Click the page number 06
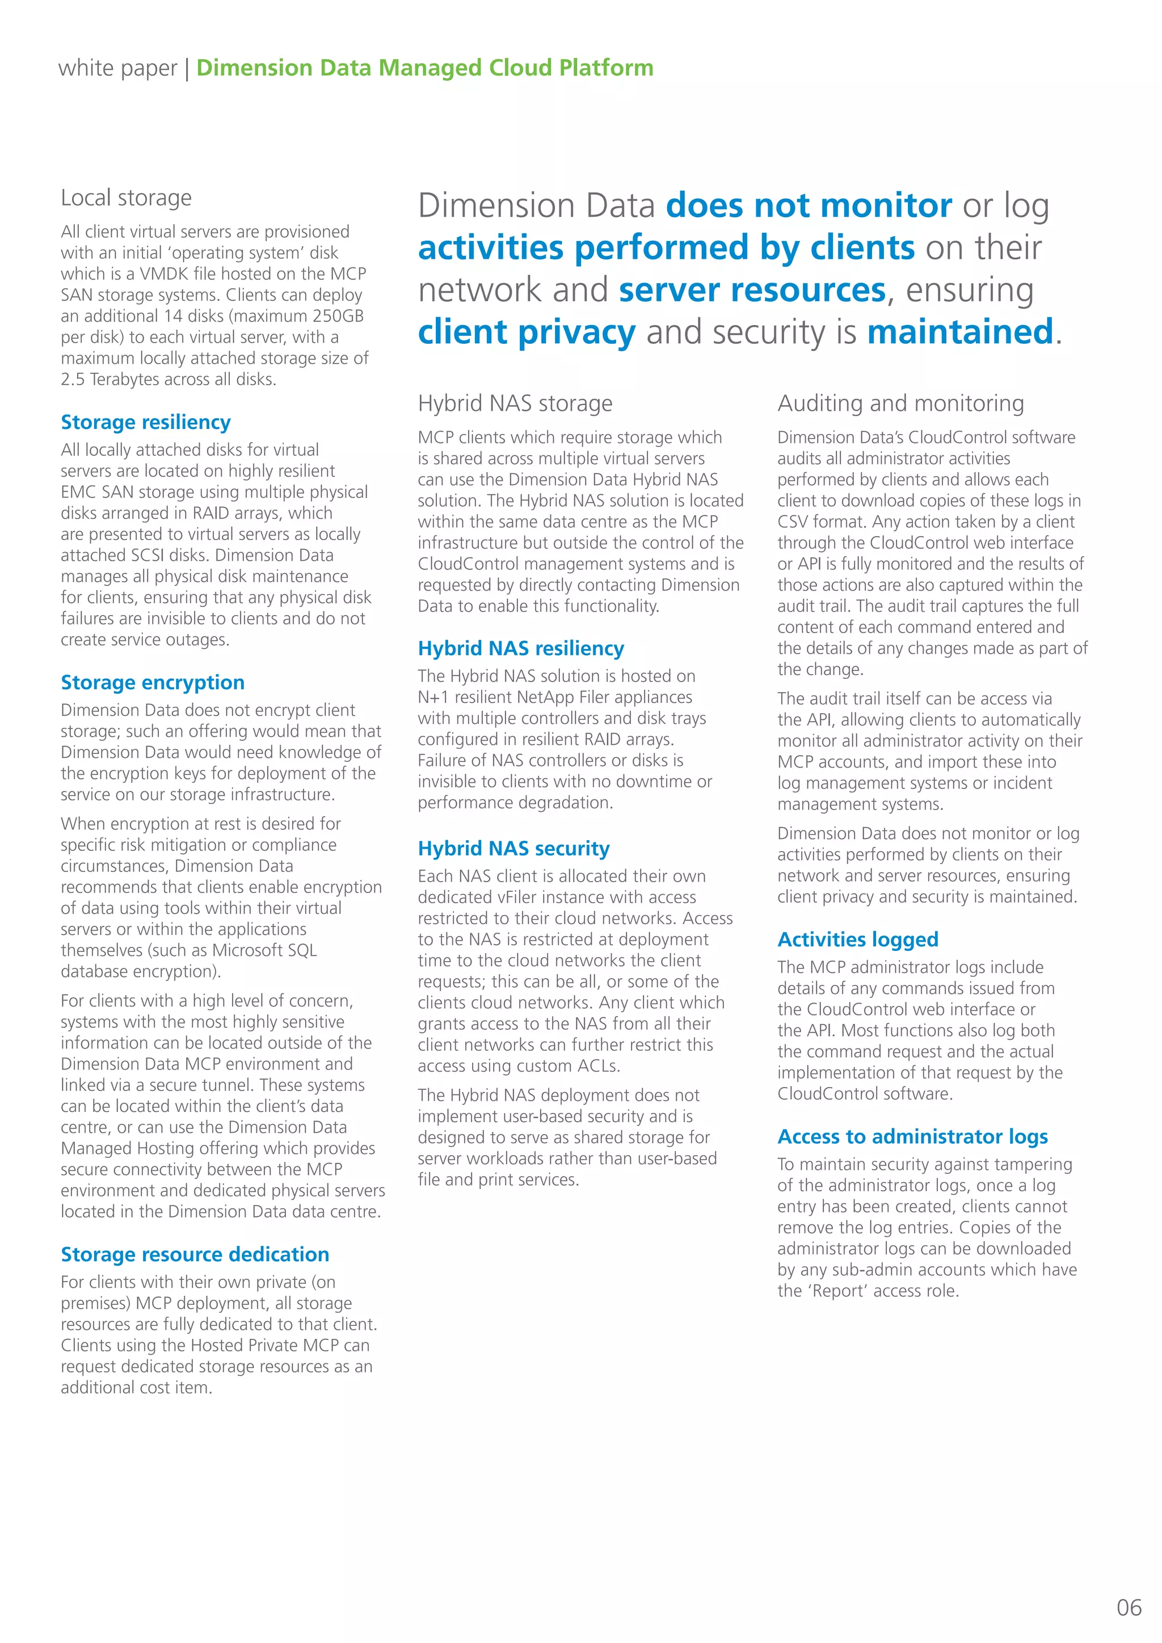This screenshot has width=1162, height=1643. click(1129, 1607)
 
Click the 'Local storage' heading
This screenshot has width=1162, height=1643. click(126, 197)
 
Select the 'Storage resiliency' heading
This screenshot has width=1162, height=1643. click(145, 422)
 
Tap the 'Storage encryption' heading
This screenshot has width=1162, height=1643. click(153, 683)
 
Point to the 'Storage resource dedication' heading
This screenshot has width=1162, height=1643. click(195, 1254)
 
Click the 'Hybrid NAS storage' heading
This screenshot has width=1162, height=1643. click(515, 403)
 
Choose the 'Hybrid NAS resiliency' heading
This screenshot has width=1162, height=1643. click(520, 648)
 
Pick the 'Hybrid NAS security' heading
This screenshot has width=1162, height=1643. click(513, 849)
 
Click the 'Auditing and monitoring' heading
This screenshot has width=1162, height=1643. click(900, 403)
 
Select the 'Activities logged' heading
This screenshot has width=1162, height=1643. click(857, 940)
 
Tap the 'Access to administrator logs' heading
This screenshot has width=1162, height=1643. click(912, 1137)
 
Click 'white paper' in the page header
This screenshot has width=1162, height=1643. click(117, 68)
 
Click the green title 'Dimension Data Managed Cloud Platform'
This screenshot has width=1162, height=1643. click(424, 68)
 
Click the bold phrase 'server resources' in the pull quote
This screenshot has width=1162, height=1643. click(752, 290)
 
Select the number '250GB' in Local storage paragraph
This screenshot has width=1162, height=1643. click(338, 317)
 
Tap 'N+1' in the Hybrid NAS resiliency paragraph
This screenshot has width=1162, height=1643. click(433, 698)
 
